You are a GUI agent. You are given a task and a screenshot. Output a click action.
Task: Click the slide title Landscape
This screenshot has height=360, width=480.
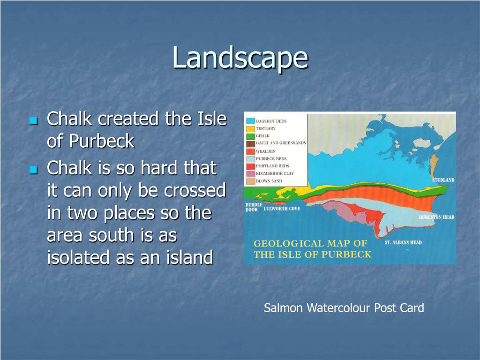(240, 59)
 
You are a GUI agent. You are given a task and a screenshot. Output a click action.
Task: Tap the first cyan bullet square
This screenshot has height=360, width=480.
(33, 121)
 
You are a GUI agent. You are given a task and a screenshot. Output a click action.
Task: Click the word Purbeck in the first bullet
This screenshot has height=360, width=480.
(90, 141)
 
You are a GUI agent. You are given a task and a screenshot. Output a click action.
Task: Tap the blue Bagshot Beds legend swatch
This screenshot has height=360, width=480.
(250, 121)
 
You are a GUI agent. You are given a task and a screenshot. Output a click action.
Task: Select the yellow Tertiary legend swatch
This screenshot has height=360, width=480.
(250, 128)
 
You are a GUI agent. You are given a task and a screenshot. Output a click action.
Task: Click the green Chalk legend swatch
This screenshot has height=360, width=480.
(250, 136)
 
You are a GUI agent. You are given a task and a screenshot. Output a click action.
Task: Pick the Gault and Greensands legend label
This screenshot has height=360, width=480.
(281, 143)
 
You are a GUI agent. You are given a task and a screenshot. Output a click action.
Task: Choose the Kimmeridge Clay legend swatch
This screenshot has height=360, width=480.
(250, 173)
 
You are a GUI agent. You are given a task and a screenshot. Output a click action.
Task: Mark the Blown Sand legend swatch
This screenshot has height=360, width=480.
(250, 181)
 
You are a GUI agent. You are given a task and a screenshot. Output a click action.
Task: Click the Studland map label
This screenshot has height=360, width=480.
(442, 180)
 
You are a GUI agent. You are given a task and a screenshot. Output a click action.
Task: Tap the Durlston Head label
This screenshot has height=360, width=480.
(436, 217)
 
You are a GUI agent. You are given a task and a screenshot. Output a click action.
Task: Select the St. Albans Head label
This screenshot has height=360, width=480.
(403, 242)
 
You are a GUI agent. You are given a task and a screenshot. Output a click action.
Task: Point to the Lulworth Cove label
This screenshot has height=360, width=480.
(282, 209)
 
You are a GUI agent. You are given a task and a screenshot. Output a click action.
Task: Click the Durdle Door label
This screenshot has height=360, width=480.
(254, 207)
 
